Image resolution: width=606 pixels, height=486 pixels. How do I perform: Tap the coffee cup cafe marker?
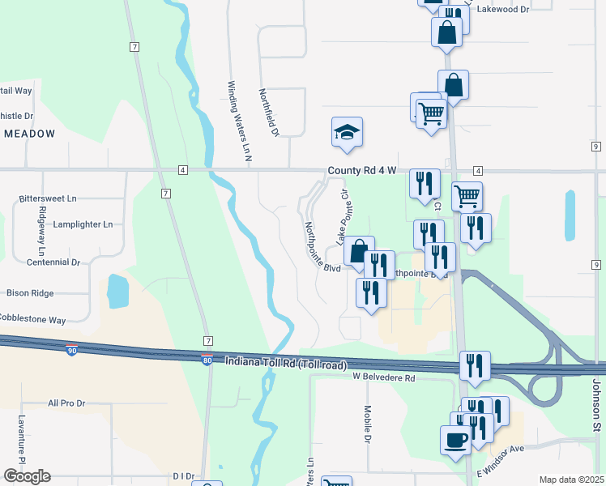coord(455,440)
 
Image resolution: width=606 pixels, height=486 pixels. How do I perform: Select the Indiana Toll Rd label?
coord(286,364)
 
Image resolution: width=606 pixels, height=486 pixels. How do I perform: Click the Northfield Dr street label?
coord(269,112)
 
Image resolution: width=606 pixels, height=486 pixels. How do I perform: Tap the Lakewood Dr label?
coord(502,10)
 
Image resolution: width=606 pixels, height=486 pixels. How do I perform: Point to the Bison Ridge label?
coord(30,292)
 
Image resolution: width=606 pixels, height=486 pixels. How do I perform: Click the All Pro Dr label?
coord(66,403)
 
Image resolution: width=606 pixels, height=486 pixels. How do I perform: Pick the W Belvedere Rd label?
coord(383,377)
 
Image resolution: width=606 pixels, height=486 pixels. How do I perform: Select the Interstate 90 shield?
coord(73,350)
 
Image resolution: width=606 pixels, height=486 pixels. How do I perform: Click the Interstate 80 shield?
coord(207,359)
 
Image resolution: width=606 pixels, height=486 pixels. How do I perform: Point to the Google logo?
coord(26,476)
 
